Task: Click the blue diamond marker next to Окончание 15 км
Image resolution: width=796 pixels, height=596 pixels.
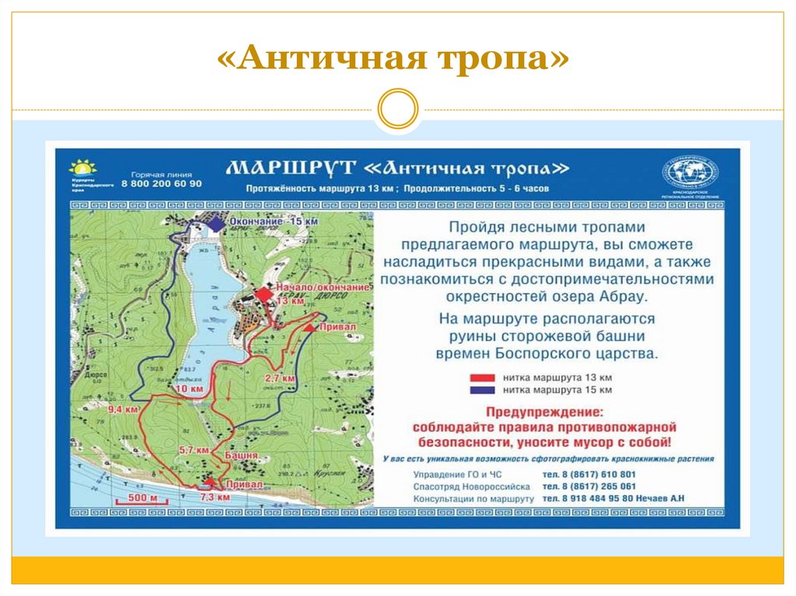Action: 215,223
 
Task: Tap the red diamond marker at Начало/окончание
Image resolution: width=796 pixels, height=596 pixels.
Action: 264,295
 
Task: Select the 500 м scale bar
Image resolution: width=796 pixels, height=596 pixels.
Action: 138,497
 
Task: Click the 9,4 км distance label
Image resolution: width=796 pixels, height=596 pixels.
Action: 124,408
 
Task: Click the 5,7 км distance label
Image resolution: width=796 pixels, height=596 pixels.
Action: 194,450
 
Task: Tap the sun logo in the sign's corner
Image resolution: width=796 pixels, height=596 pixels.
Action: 82,167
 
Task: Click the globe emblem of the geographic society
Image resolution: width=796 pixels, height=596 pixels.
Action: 690,172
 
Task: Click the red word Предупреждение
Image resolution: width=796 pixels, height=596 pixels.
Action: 543,411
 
